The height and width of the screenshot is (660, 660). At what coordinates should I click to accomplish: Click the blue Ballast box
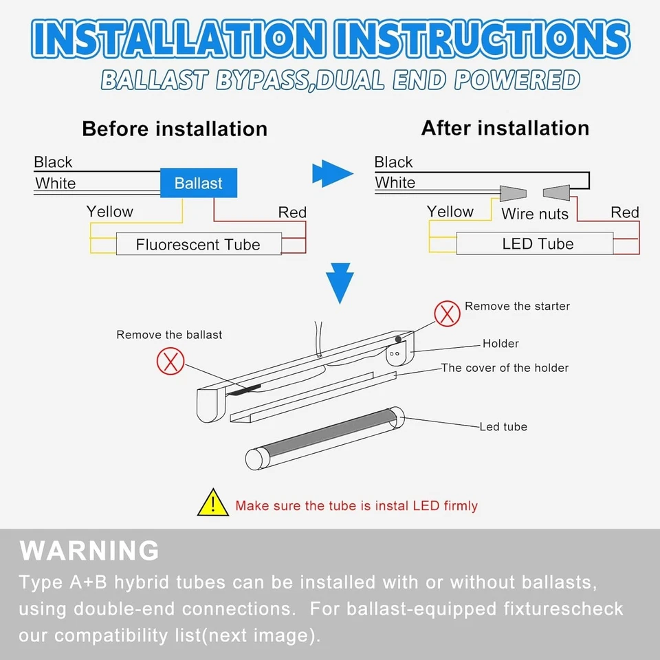tap(199, 183)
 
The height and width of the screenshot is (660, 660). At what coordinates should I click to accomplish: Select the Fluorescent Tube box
tap(198, 244)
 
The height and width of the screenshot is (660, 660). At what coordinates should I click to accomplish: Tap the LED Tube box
tap(538, 243)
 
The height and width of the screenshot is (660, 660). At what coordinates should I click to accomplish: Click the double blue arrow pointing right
tap(332, 174)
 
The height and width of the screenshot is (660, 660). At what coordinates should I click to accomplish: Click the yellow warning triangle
tap(212, 503)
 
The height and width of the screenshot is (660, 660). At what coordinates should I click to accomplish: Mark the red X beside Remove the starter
tap(447, 313)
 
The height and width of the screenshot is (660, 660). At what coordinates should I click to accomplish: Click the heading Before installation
tap(175, 129)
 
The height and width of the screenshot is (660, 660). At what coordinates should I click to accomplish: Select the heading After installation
tap(505, 128)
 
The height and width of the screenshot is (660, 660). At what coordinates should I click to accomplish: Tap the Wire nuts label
tap(535, 214)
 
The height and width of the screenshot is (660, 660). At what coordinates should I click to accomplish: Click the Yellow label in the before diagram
tap(110, 212)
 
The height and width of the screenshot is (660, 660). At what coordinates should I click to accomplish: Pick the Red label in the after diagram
tap(625, 212)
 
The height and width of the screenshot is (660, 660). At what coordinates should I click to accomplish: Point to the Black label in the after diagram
tap(394, 162)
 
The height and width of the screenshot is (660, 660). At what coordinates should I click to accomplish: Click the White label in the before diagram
tap(55, 184)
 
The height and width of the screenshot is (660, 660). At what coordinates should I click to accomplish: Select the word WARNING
tap(89, 551)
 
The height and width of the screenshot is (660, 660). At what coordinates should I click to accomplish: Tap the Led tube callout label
tap(503, 427)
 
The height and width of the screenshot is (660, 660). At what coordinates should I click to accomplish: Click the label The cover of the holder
tap(505, 368)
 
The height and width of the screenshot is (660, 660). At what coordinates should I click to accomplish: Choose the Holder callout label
tap(500, 344)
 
